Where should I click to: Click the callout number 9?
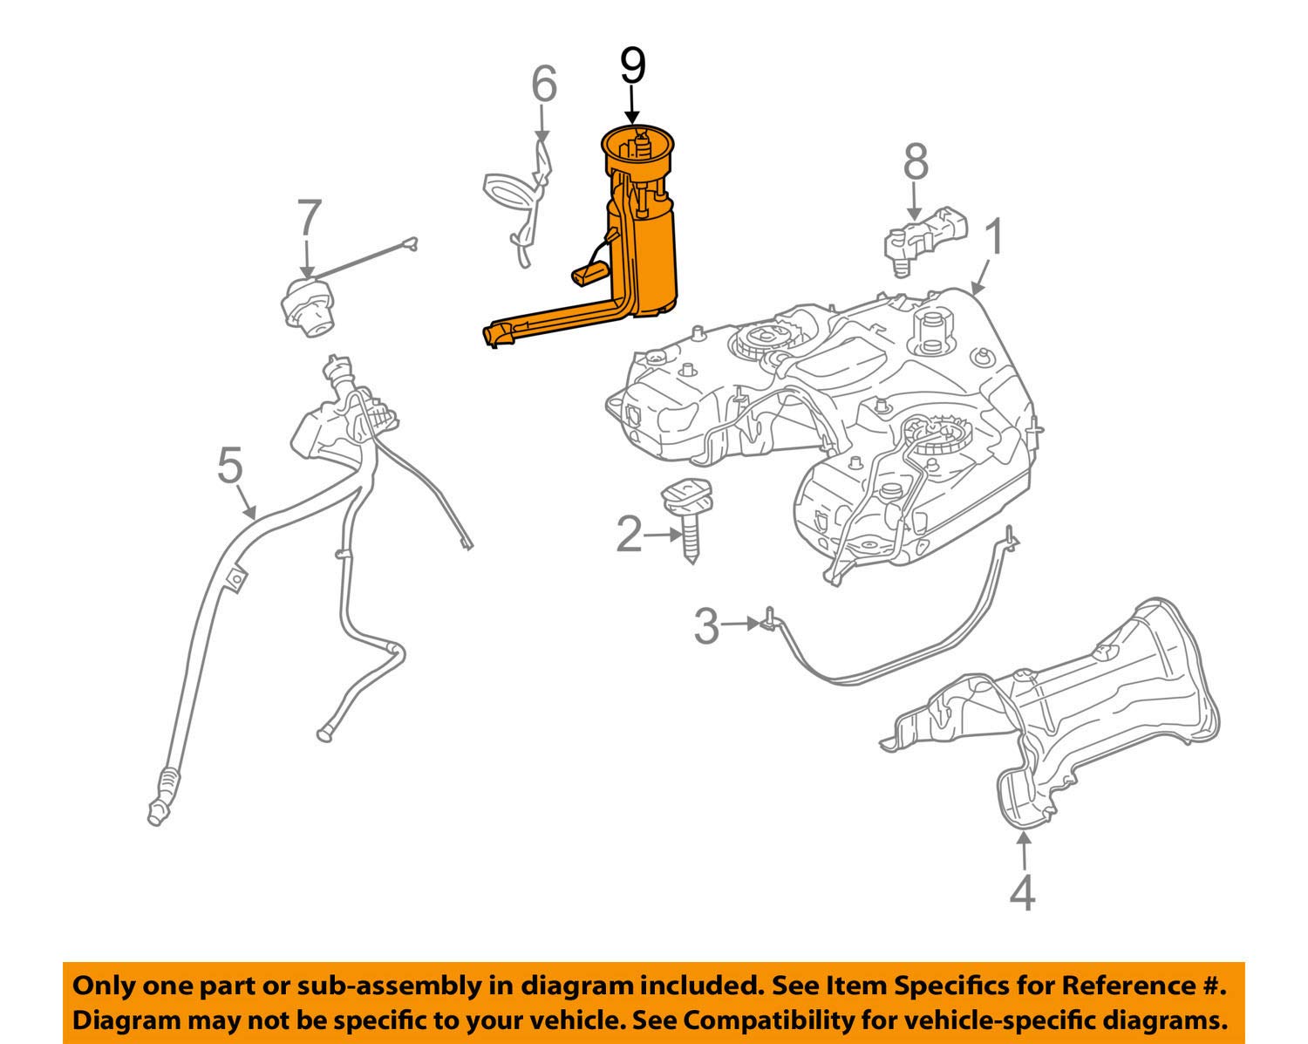pos(632,67)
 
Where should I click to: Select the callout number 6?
pos(543,85)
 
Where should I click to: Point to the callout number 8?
pos(915,163)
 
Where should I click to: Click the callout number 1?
pos(994,238)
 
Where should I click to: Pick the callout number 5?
pos(229,466)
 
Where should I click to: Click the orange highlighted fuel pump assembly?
pos(650,253)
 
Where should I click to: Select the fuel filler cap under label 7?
pos(306,308)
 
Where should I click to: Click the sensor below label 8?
pos(923,236)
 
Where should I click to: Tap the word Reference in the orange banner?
pos(1126,986)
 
